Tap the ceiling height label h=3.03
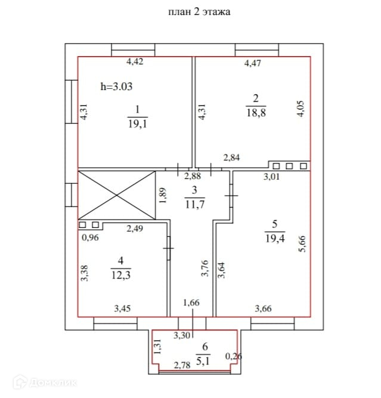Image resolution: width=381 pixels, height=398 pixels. point(116,86)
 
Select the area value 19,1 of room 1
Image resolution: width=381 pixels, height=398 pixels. point(137,124)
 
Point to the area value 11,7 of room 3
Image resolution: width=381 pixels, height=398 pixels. point(194,205)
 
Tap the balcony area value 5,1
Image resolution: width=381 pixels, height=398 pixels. point(205,359)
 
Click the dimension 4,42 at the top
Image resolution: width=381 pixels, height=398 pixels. point(134,61)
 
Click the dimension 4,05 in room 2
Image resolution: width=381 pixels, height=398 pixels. point(301,110)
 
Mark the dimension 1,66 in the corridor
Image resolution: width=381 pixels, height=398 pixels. point(191,303)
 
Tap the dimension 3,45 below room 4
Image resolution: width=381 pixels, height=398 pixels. point(123,308)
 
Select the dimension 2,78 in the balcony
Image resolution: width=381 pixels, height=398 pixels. point(182,365)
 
